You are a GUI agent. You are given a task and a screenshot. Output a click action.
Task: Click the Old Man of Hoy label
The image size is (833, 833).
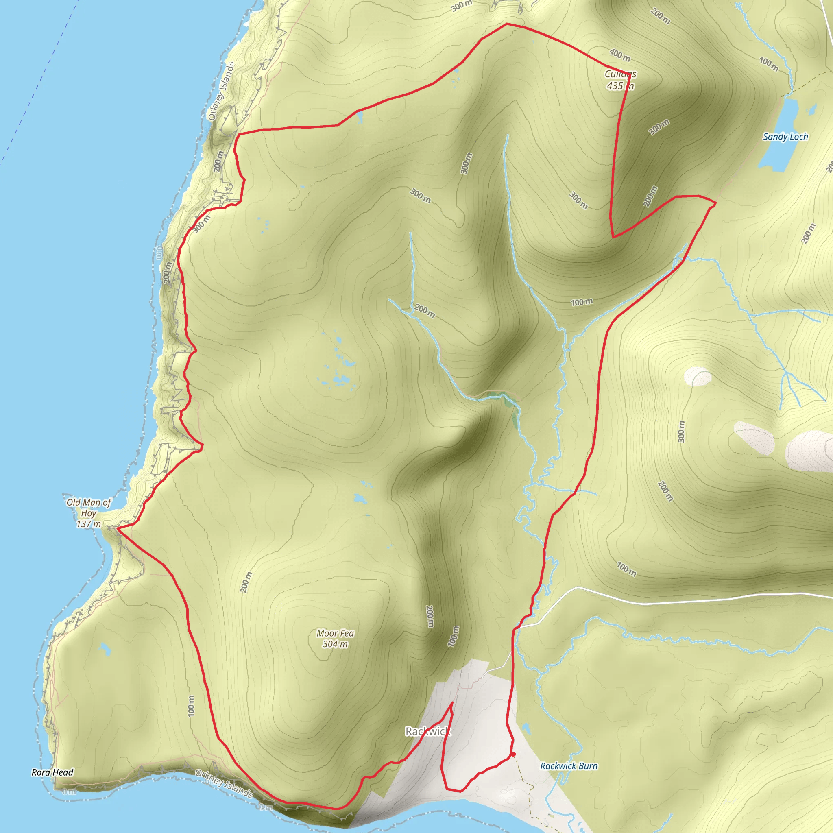88,508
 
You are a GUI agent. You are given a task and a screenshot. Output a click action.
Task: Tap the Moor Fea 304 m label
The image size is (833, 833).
335,639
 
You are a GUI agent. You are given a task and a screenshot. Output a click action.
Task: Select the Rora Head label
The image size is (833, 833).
52,772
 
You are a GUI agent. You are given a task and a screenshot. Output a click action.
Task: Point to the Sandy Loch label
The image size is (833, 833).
785,137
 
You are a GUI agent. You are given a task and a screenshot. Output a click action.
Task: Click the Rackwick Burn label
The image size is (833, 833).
569,766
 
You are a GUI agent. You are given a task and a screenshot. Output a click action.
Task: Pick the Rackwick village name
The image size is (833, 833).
428,731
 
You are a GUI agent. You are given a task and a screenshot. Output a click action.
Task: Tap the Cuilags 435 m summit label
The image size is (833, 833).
620,80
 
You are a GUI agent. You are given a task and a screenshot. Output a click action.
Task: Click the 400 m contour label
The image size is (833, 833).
619,55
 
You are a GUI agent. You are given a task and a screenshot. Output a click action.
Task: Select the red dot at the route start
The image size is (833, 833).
514,754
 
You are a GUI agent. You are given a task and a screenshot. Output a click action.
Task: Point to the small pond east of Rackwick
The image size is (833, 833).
526,728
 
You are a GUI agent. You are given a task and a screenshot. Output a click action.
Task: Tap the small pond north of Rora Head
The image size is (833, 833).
104,648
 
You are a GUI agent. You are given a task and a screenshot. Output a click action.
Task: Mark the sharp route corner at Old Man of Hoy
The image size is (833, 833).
118,527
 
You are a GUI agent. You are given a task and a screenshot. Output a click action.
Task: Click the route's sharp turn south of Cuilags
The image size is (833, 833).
613,237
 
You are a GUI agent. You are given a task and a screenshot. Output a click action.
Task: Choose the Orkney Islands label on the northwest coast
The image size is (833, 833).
221,92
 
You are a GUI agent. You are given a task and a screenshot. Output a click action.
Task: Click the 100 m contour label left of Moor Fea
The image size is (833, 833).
192,706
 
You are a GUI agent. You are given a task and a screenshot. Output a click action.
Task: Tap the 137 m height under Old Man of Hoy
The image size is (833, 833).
88,524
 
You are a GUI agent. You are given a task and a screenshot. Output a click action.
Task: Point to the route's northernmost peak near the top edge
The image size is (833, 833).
507,24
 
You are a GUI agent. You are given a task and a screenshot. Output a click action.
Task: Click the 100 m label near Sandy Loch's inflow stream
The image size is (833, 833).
768,64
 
